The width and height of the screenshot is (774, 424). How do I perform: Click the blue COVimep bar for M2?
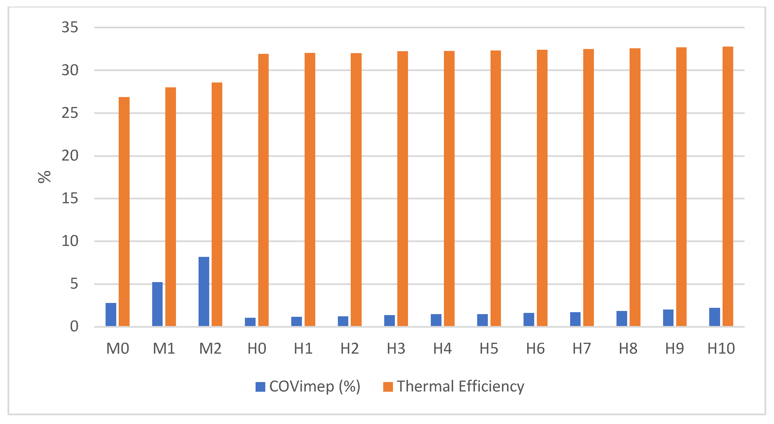[x=204, y=291]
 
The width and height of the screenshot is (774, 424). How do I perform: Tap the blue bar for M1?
[x=157, y=304]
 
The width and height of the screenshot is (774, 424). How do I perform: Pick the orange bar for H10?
[x=728, y=186]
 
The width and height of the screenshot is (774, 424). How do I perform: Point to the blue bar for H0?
[x=250, y=322]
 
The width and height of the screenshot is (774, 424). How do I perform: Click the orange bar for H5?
[x=495, y=188]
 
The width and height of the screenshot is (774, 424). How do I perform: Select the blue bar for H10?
[x=715, y=317]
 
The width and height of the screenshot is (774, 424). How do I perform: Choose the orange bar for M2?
[x=217, y=204]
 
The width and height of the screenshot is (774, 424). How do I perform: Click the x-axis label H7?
[x=582, y=349]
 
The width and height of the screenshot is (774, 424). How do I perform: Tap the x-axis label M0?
[x=117, y=349]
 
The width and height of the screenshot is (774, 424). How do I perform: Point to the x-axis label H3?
[x=396, y=349]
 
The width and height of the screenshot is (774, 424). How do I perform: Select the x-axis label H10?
[x=721, y=349]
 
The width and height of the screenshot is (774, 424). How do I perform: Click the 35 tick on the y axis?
[x=70, y=27]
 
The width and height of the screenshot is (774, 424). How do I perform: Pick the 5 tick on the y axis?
[x=74, y=284]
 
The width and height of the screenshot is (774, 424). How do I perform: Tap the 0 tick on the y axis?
[x=74, y=326]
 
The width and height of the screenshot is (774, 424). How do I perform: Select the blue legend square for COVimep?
[x=260, y=387]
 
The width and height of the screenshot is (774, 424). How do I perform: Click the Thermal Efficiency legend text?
[x=460, y=386]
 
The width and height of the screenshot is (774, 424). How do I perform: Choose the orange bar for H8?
[x=635, y=187]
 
